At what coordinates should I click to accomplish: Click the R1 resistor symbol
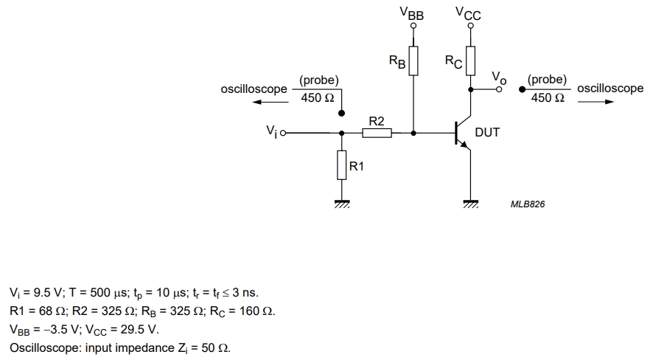[x=341, y=165]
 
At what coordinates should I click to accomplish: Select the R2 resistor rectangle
[x=377, y=134]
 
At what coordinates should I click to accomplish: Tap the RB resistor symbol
[x=413, y=60]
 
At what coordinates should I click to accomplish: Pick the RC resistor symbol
[x=470, y=60]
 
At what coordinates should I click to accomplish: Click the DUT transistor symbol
[x=463, y=133]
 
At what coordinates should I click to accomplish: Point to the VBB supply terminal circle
[x=413, y=26]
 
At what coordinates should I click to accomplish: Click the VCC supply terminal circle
[x=470, y=26]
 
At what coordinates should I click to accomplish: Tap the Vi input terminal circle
[x=283, y=134]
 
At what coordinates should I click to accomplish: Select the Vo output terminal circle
[x=499, y=89]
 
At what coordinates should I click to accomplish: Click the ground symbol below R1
[x=342, y=204]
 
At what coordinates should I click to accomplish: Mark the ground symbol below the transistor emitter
[x=471, y=204]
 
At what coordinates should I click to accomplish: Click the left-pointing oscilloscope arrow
[x=270, y=102]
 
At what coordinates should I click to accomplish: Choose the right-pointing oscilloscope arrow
[x=596, y=102]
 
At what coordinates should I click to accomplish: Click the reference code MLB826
[x=528, y=204]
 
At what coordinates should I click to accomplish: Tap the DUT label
[x=487, y=132]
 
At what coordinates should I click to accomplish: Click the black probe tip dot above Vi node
[x=341, y=113]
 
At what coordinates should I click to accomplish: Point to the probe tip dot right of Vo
[x=522, y=89]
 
